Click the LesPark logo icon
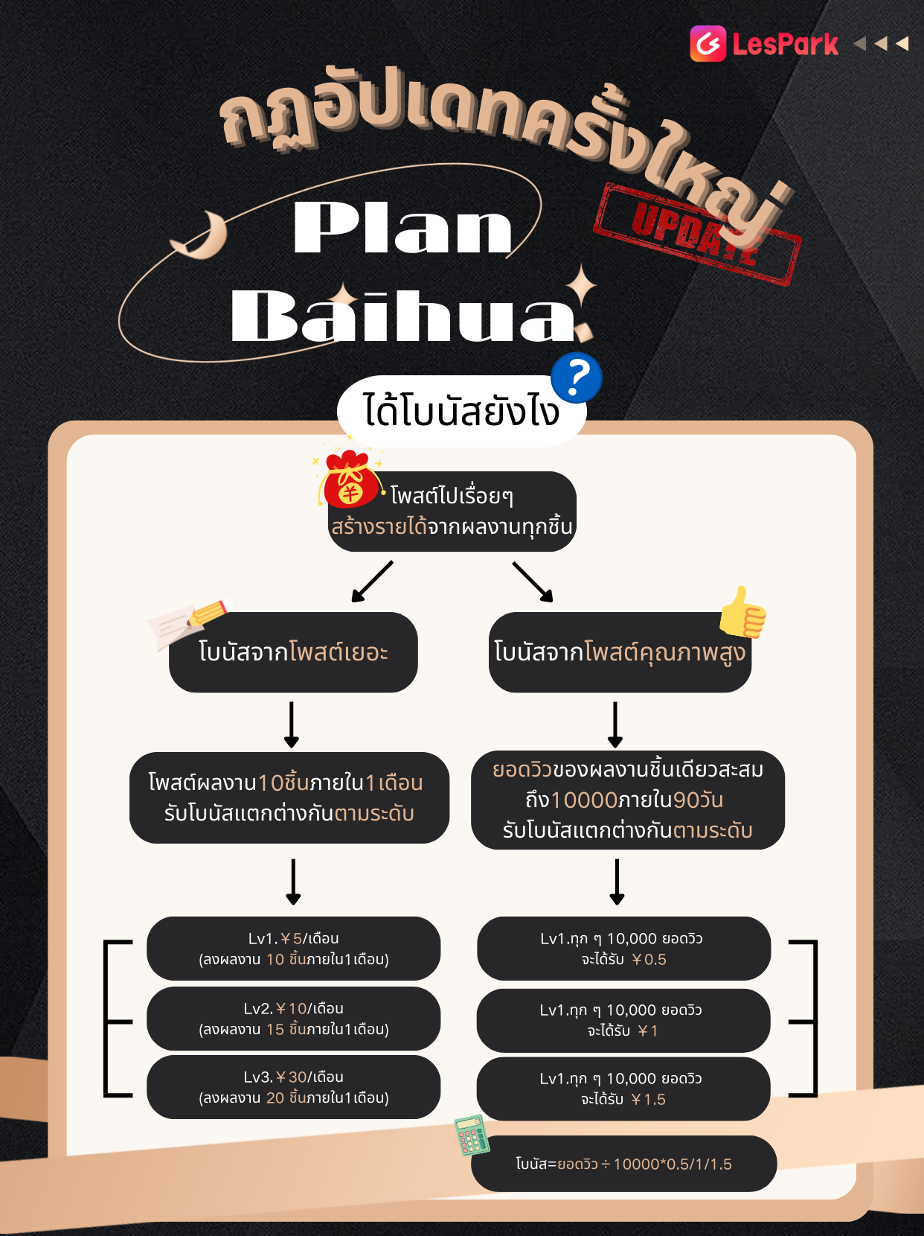(708, 43)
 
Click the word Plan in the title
(402, 227)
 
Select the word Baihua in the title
(402, 315)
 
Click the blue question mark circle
(577, 378)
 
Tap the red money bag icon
(350, 479)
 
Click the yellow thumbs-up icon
(742, 612)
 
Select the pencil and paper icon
(188, 622)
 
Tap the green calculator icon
(472, 1135)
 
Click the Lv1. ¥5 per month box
(294, 949)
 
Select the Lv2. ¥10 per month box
(294, 1018)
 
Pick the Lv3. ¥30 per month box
(294, 1087)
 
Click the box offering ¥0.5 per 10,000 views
(623, 949)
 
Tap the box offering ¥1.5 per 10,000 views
(623, 1089)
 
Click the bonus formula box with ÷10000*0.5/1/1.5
(623, 1163)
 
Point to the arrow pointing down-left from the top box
(372, 582)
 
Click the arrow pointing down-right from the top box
(533, 582)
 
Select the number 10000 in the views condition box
(584, 800)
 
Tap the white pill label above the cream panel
(462, 411)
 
